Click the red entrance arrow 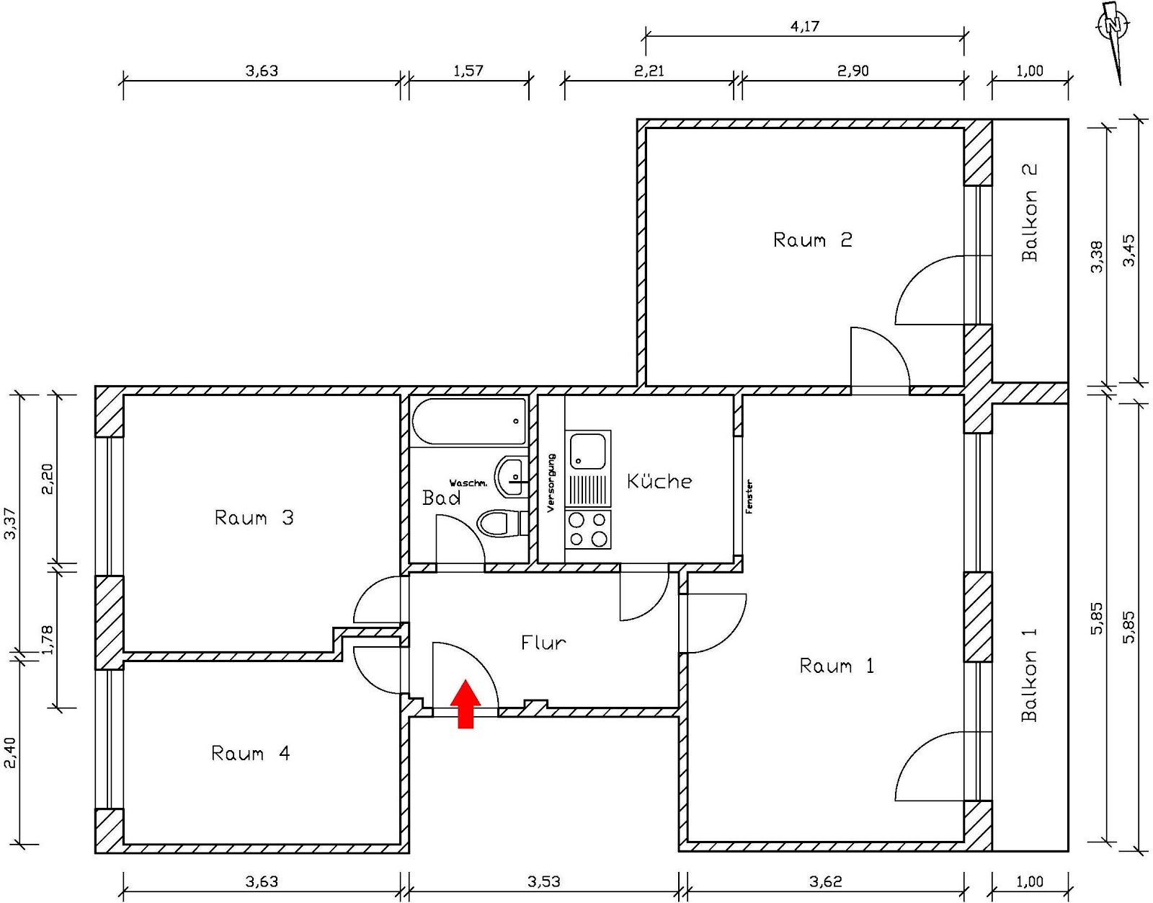coord(466,703)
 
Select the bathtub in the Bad coord(469,421)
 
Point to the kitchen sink coord(588,451)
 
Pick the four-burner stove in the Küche coord(588,529)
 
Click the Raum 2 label coord(812,239)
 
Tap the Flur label coord(543,642)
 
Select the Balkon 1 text coord(1029,674)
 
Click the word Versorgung coord(551,483)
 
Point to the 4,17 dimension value coord(804,27)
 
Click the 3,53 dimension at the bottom coord(543,881)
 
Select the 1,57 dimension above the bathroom coord(468,71)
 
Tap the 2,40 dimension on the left coord(10,752)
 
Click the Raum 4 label coord(250,753)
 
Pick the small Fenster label coord(749,496)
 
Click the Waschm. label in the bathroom coord(468,483)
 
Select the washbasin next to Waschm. coord(511,476)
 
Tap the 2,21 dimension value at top coord(649,71)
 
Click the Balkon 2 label coord(1029,212)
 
